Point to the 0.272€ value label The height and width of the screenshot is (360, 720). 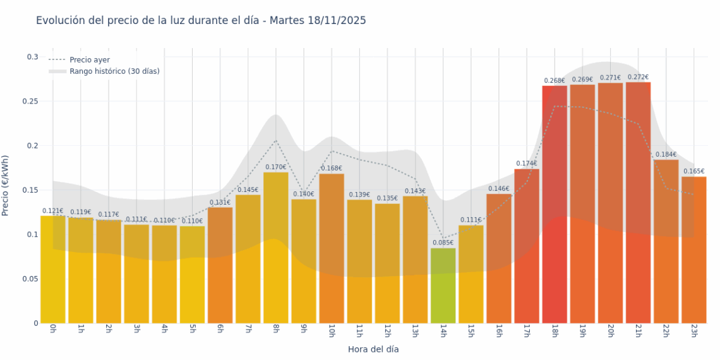click(x=638, y=78)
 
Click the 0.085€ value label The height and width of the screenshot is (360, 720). click(x=443, y=243)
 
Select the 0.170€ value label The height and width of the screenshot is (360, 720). click(x=275, y=167)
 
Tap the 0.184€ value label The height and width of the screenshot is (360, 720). click(x=666, y=155)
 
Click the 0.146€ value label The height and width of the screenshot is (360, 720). click(x=499, y=189)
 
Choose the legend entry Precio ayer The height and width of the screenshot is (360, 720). click(x=90, y=60)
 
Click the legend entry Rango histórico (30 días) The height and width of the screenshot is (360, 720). click(x=114, y=71)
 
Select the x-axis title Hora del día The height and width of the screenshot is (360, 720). click(x=373, y=349)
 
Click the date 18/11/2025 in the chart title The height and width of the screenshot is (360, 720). click(x=337, y=21)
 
